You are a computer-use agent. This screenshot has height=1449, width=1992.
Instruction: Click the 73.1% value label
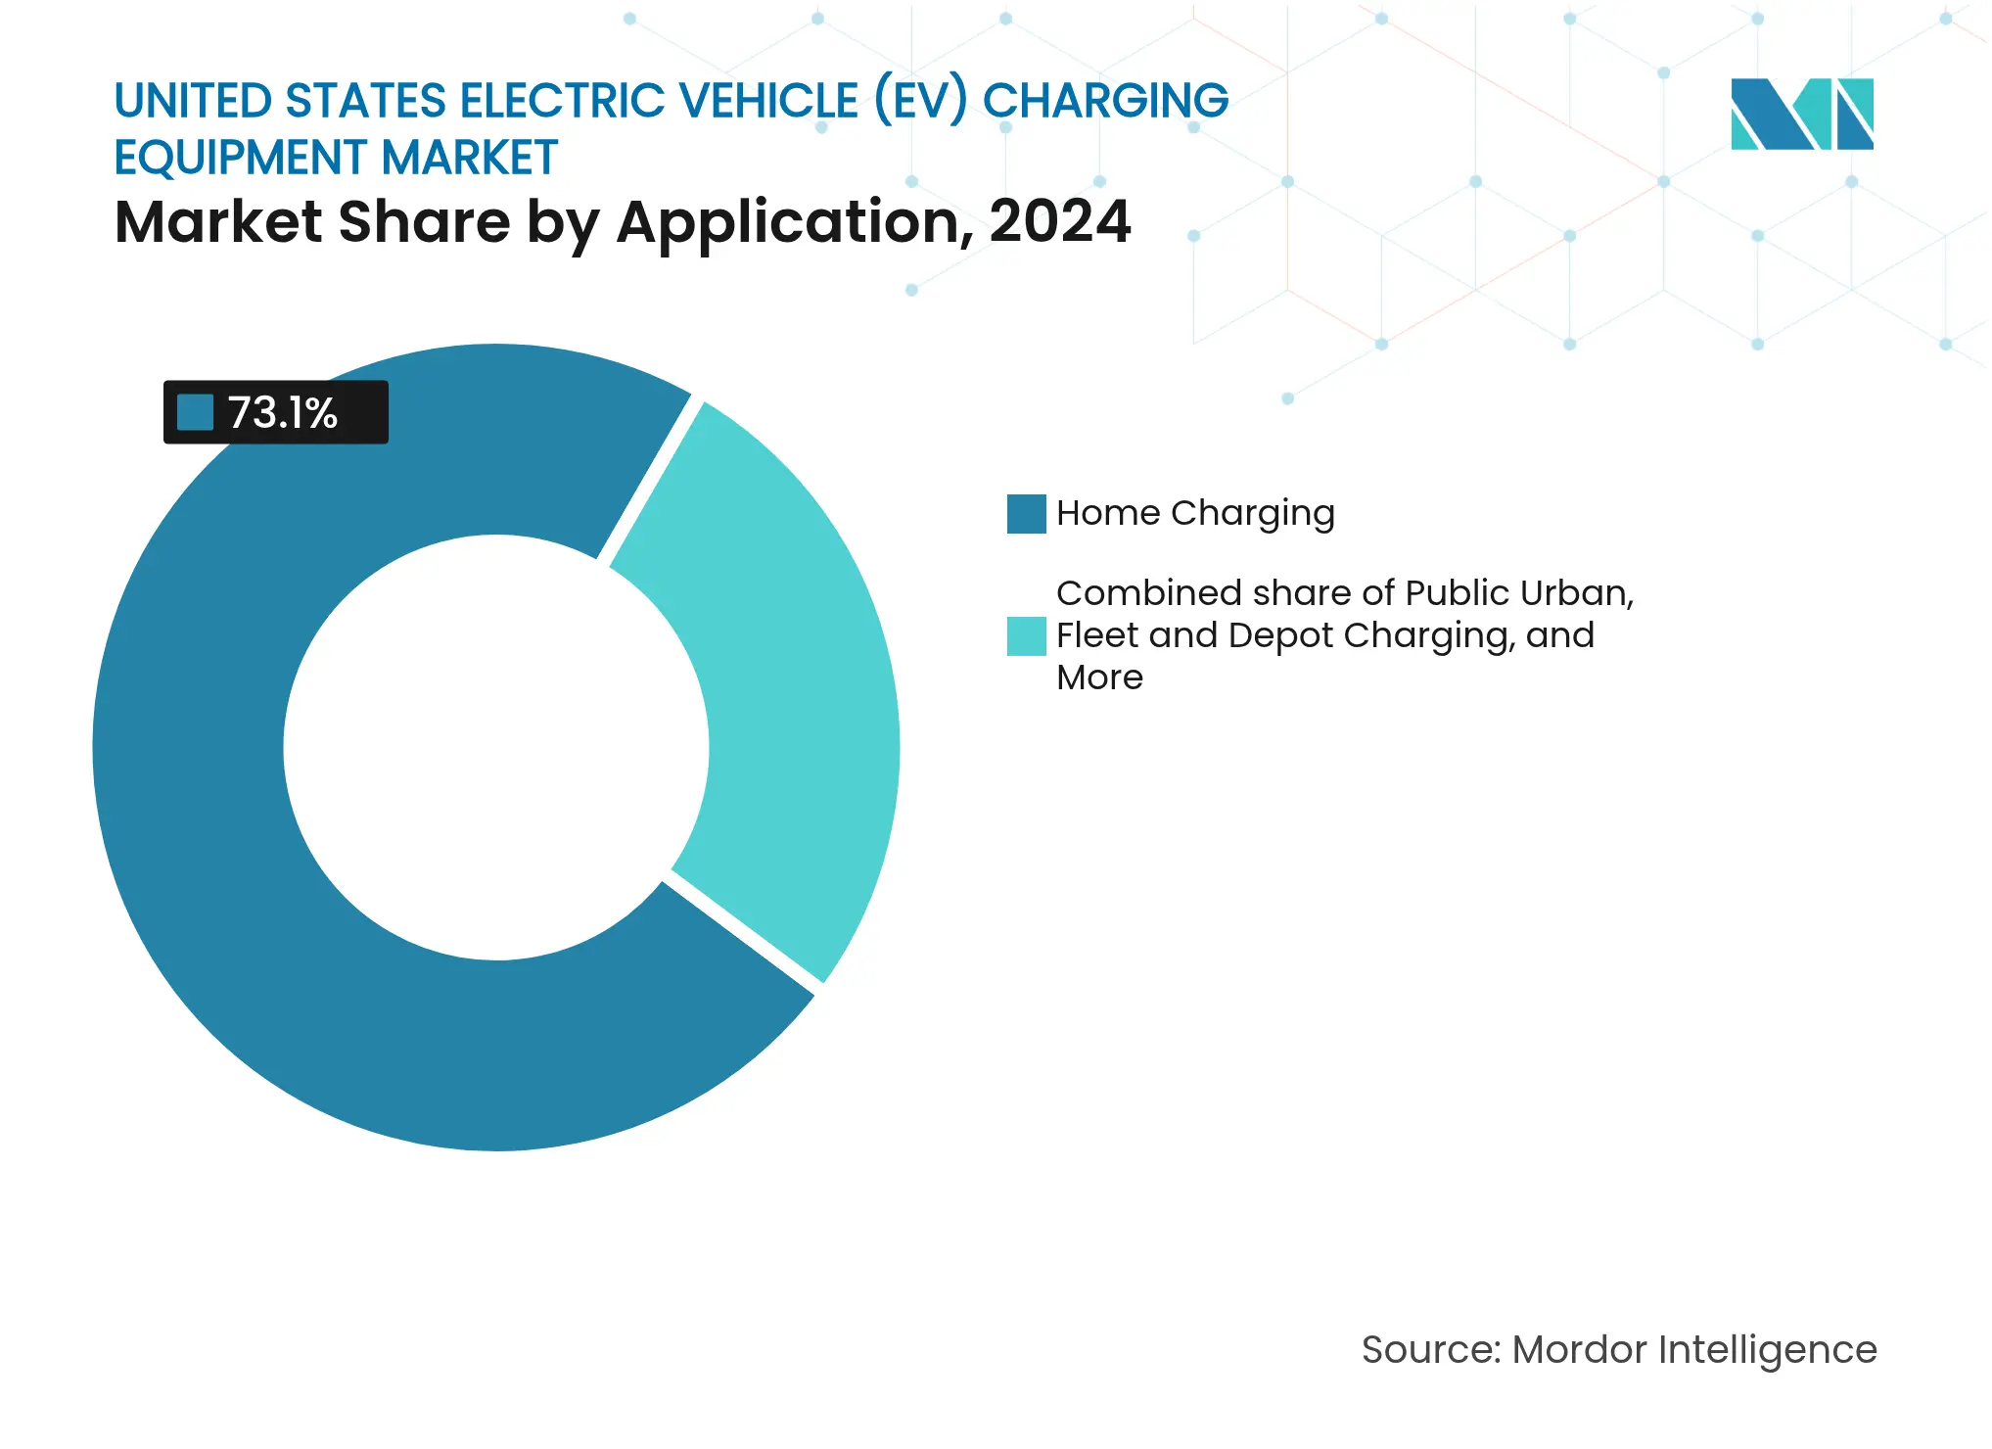click(282, 412)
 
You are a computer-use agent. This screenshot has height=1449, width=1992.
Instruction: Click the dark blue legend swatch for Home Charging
click(1026, 514)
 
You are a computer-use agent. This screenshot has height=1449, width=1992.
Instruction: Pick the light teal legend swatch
click(1026, 636)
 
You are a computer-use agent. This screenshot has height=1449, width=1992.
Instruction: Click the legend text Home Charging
click(1195, 514)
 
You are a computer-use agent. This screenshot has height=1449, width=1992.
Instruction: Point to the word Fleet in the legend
click(1097, 635)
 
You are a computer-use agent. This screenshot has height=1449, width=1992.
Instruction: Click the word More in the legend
click(1099, 678)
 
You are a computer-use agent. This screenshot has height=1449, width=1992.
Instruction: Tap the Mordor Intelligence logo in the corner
click(1801, 114)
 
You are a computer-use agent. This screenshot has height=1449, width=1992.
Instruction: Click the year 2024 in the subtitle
click(1059, 222)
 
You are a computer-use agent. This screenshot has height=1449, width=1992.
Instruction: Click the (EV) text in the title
click(920, 101)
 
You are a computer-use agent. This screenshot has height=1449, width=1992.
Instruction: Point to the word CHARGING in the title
click(1105, 101)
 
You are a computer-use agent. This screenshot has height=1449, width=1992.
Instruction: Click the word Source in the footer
click(1428, 1350)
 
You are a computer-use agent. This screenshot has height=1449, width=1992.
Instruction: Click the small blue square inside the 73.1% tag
click(195, 412)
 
